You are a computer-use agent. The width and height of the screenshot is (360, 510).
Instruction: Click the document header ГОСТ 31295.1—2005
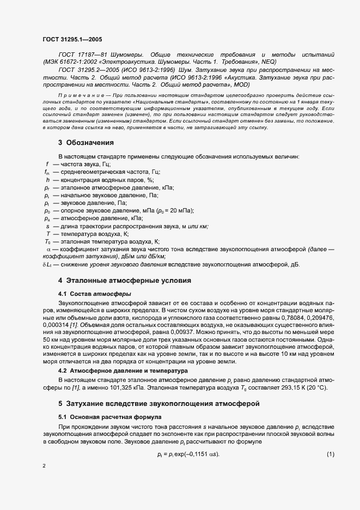pos(71,40)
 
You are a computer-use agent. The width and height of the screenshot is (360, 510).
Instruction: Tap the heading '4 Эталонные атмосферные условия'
pos(125,281)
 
